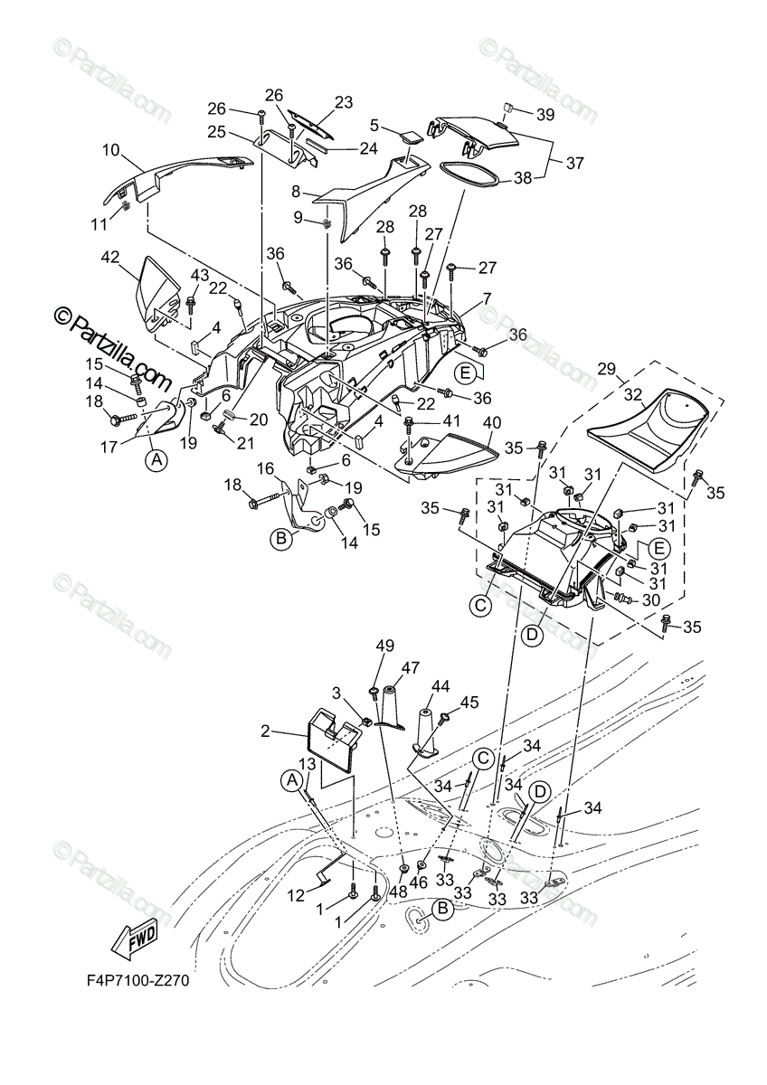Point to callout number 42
[x=109, y=257]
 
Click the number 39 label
[x=544, y=114]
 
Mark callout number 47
[x=411, y=666]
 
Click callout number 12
[x=297, y=895]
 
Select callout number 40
[x=491, y=421]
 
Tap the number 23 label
[x=343, y=103]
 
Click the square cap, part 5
[x=411, y=138]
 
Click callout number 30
[x=650, y=600]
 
